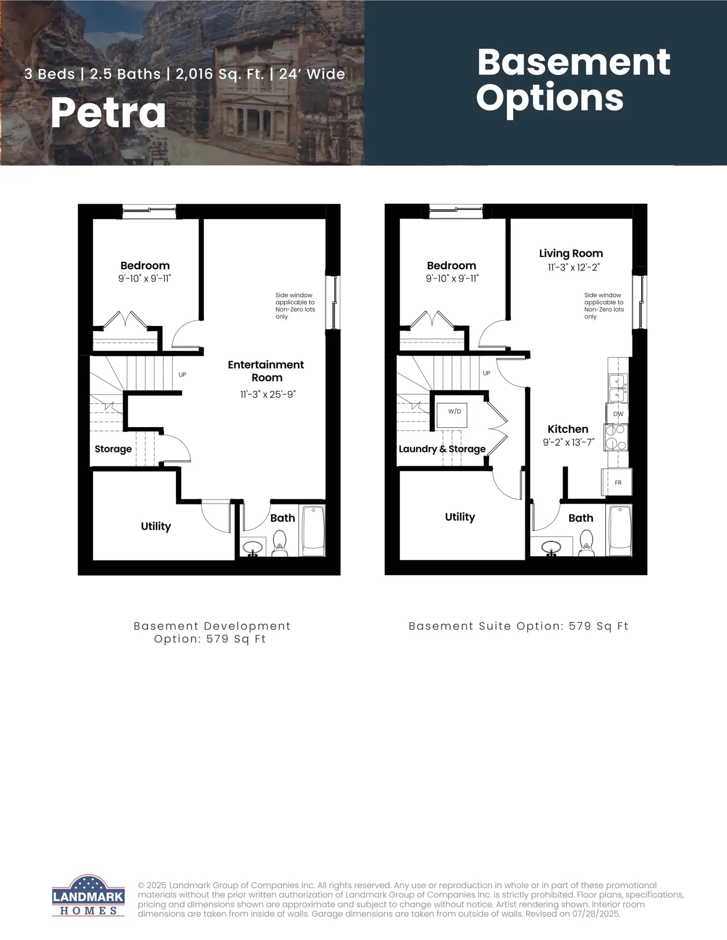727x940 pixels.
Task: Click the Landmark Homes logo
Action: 88,895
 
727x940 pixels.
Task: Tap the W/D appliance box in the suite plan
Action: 452,415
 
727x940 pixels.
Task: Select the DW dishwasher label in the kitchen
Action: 618,414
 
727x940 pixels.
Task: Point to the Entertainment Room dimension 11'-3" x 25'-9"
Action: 268,394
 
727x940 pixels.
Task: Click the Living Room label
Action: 571,253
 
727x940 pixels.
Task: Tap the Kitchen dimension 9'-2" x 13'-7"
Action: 568,442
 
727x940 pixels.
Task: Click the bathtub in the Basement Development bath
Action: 314,531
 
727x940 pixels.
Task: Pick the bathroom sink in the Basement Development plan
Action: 253,548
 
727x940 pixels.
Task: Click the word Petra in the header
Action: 108,113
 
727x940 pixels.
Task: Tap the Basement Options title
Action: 573,80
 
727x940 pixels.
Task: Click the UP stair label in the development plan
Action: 182,375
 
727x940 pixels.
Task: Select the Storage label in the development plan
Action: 113,449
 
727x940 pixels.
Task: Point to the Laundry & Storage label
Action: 442,449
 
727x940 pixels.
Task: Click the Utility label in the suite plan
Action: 460,517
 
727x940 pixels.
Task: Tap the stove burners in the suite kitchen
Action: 616,437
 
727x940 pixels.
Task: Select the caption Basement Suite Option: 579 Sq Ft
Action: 518,626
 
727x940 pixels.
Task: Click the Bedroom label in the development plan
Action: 145,266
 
